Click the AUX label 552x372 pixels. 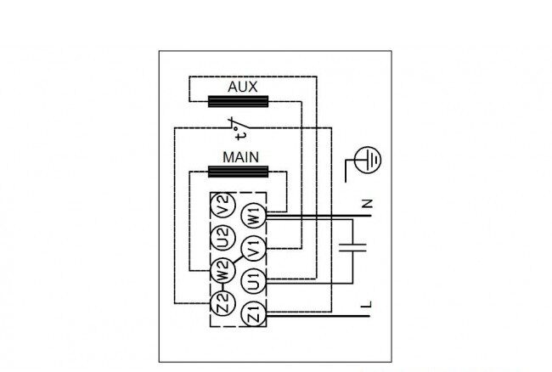[x=242, y=87]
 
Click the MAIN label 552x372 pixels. [x=241, y=157]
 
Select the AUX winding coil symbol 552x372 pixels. [x=239, y=101]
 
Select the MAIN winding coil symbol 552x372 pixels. [x=239, y=172]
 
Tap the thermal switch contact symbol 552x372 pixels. [x=239, y=123]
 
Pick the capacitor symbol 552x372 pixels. [x=352, y=246]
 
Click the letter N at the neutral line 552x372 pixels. [x=367, y=204]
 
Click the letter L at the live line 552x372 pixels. [x=366, y=304]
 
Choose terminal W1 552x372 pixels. [x=253, y=216]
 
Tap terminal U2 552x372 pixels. [x=222, y=238]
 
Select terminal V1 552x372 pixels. [x=253, y=249]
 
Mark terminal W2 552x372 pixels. [x=222, y=270]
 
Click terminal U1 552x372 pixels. [x=253, y=281]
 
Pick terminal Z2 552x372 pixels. [x=222, y=303]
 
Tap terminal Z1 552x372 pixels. [x=253, y=314]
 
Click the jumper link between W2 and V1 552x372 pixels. [x=238, y=260]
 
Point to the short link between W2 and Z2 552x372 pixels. [x=222, y=287]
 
